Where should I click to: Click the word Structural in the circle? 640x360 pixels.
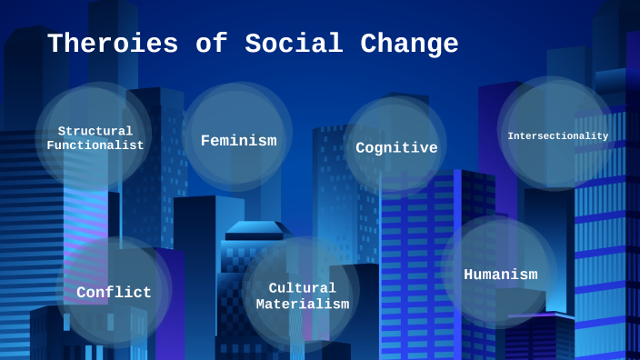95,131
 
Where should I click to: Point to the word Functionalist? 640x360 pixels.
95,145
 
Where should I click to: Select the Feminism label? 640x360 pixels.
238,141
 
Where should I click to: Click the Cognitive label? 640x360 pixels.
396,147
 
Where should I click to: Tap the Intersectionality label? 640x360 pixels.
557,136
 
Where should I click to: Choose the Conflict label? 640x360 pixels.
114,293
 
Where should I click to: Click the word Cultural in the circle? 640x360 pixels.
302,287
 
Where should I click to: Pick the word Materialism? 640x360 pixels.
302,304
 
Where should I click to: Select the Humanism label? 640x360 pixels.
500,275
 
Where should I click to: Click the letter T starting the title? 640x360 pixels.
55,44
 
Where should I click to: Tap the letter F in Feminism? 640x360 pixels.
205,141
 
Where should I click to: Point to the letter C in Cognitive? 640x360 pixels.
361,147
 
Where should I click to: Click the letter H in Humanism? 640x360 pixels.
469,275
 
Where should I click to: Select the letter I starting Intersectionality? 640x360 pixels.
510,136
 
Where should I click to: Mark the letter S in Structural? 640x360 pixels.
62,131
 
